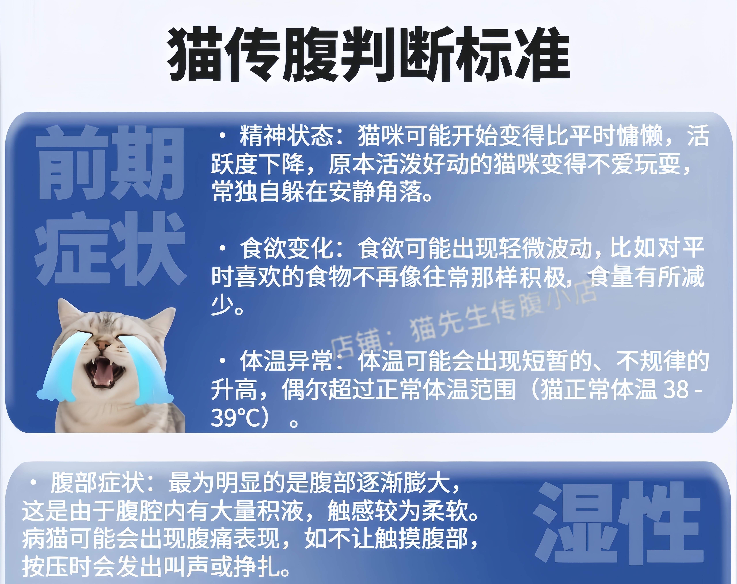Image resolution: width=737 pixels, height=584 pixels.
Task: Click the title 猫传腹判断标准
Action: [x=368, y=55]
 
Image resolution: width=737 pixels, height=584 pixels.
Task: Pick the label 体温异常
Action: [x=286, y=361]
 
